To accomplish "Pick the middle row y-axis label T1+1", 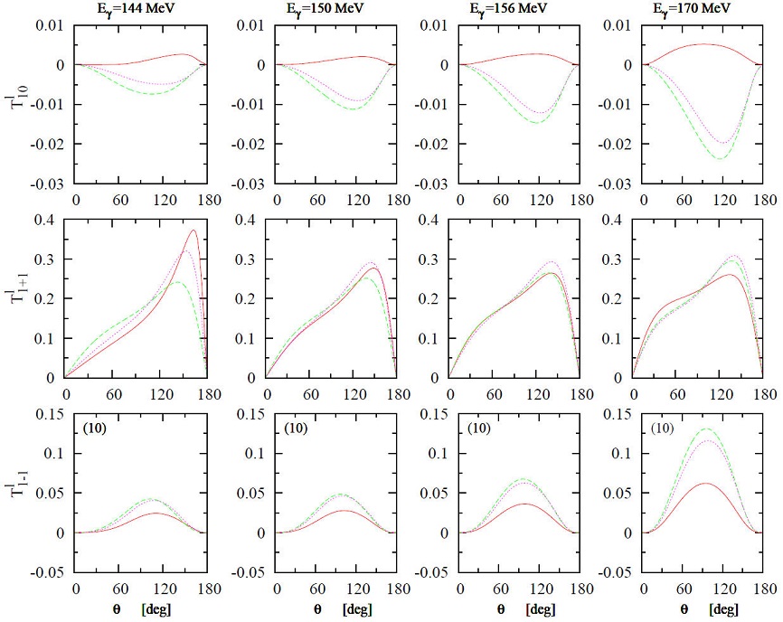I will [x=20, y=289].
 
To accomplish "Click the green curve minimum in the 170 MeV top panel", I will [x=721, y=159].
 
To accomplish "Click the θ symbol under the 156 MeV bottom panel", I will [x=513, y=609].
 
